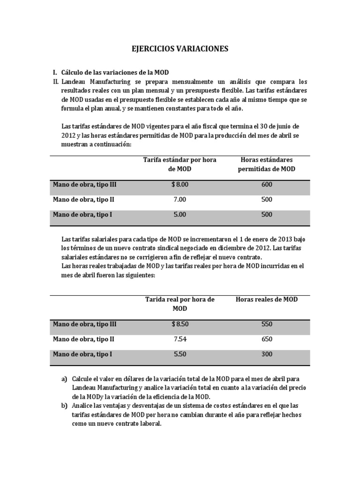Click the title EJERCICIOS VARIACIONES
pos(180,49)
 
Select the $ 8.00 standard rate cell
pos(180,185)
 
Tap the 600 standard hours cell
pos(267,185)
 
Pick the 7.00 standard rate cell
pos(180,200)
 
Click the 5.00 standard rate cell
pos(180,215)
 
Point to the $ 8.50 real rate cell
pos(180,324)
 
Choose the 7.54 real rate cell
pos(180,339)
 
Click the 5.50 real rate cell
pos(180,354)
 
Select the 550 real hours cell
pos(267,324)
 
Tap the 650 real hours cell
pos(267,339)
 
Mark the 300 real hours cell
pos(267,354)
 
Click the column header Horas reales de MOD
pos(267,300)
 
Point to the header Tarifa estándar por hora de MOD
pos(180,165)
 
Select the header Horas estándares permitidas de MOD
pos(267,165)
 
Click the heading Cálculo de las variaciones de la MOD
pos(115,73)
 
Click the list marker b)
pos(64,406)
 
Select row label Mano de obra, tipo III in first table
pos(84,185)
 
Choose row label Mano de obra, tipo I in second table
pos(82,354)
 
